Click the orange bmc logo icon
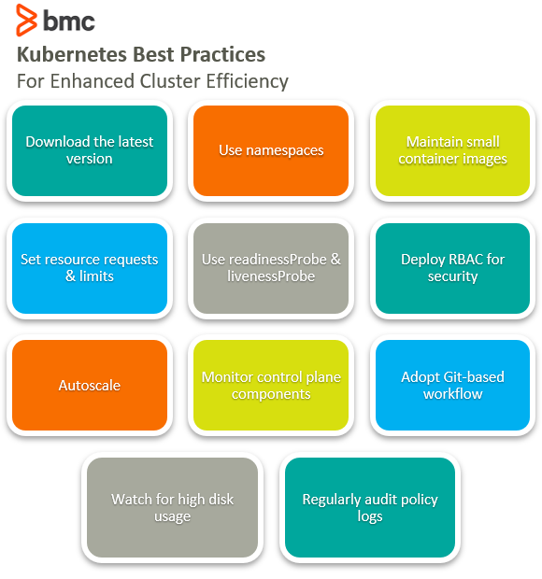(26, 20)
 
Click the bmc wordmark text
(69, 21)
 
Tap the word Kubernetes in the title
(72, 55)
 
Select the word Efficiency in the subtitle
(247, 81)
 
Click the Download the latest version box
(90, 150)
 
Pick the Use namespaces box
(271, 150)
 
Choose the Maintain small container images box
(452, 150)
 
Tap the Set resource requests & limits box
(90, 268)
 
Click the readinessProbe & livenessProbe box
(271, 268)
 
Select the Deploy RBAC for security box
(452, 268)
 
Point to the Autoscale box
(90, 385)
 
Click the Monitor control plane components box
(271, 385)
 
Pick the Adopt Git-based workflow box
(452, 385)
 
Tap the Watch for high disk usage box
(172, 507)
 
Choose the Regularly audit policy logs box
(370, 507)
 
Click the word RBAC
(466, 260)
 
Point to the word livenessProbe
(271, 276)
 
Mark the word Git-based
(474, 377)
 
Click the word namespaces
(284, 150)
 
